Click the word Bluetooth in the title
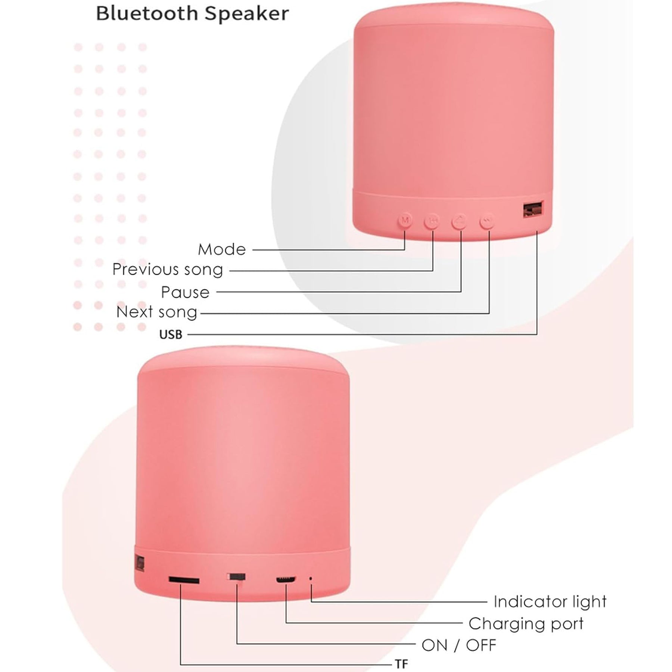click(147, 14)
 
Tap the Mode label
click(222, 249)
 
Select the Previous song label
click(168, 270)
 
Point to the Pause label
click(185, 292)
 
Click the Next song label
click(157, 312)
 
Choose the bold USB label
click(171, 335)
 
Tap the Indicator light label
click(550, 602)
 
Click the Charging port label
click(526, 623)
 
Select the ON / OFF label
click(459, 645)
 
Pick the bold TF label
click(401, 664)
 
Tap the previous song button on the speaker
click(433, 221)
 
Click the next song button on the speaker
click(487, 221)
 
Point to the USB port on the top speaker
click(532, 209)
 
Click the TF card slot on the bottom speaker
click(184, 580)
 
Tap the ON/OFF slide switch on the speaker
click(237, 577)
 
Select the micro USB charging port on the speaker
click(286, 579)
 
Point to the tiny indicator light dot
click(311, 579)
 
